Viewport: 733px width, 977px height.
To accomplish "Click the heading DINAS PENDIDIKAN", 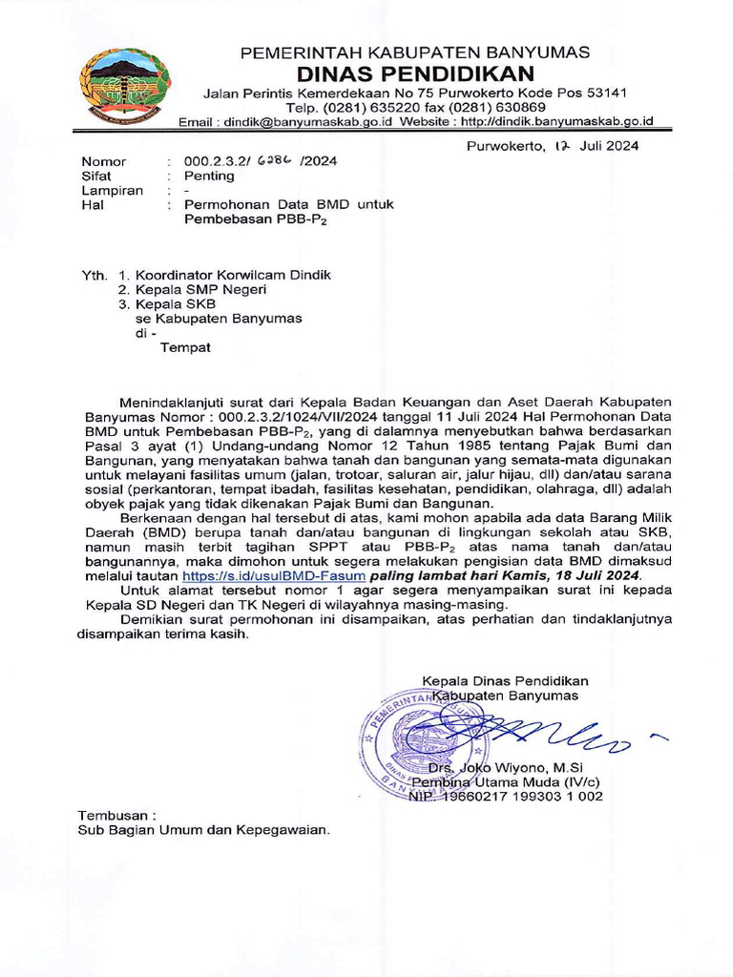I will pyautogui.click(x=415, y=73).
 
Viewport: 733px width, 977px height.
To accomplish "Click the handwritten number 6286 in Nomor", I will pyautogui.click(x=274, y=160).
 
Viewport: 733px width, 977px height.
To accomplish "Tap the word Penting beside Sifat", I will pyautogui.click(x=209, y=176).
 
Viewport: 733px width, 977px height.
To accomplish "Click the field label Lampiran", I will pyautogui.click(x=113, y=190).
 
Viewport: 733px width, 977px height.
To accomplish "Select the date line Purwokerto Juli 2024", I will pyautogui.click(x=553, y=146).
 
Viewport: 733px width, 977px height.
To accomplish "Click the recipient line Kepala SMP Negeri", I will pyautogui.click(x=200, y=289).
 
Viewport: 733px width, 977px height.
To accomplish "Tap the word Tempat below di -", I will pyautogui.click(x=184, y=347).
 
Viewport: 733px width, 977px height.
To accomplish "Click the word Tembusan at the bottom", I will pyautogui.click(x=115, y=816).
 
